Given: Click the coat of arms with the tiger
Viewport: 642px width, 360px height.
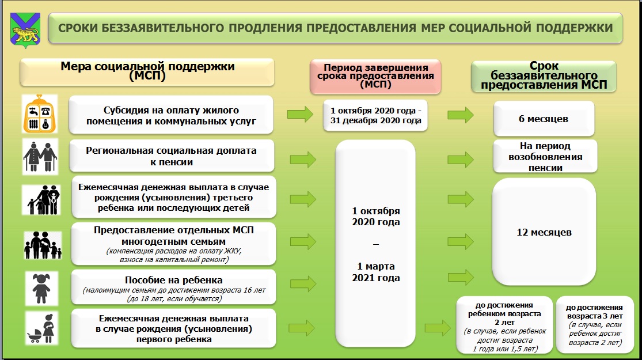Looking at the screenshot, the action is pos(25,30).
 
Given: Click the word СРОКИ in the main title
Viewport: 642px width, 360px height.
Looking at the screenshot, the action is pos(78,28).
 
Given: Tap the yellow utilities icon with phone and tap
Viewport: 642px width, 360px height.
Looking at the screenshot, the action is pos(40,114).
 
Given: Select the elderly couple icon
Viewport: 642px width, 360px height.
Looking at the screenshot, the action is pos(40,157).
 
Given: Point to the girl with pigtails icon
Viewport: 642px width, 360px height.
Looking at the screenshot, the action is pos(41,289).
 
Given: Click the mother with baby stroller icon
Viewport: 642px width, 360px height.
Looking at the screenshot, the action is pos(41,328).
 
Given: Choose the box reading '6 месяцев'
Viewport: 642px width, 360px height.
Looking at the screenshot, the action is pos(544,119).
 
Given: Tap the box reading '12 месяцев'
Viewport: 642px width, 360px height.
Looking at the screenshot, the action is pos(544,232).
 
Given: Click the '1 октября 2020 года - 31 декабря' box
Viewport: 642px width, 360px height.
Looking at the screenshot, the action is pos(375,116).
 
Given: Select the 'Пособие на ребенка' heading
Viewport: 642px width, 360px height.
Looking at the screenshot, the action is pos(174,280).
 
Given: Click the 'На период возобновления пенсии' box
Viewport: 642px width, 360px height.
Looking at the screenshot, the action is pos(545,157).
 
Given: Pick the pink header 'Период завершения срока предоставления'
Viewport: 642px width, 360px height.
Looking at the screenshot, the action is pos(375,76).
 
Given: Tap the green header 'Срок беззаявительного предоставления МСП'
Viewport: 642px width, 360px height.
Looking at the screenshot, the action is pos(544,76).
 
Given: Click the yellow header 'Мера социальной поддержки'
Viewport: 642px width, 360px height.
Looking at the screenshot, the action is pos(147,71).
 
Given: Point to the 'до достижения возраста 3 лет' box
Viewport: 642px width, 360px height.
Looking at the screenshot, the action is pos(595,324).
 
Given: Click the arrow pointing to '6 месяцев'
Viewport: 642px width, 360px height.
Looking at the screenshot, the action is pos(461,115).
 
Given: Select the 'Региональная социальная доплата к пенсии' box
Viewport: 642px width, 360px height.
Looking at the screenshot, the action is pos(172,156).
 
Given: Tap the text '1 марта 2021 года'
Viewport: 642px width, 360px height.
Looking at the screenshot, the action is pos(376,272).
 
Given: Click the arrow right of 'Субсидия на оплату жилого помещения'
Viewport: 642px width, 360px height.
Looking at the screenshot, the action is pos(300,114).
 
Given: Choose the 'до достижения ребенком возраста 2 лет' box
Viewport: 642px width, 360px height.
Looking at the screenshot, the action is pos(504,324).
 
